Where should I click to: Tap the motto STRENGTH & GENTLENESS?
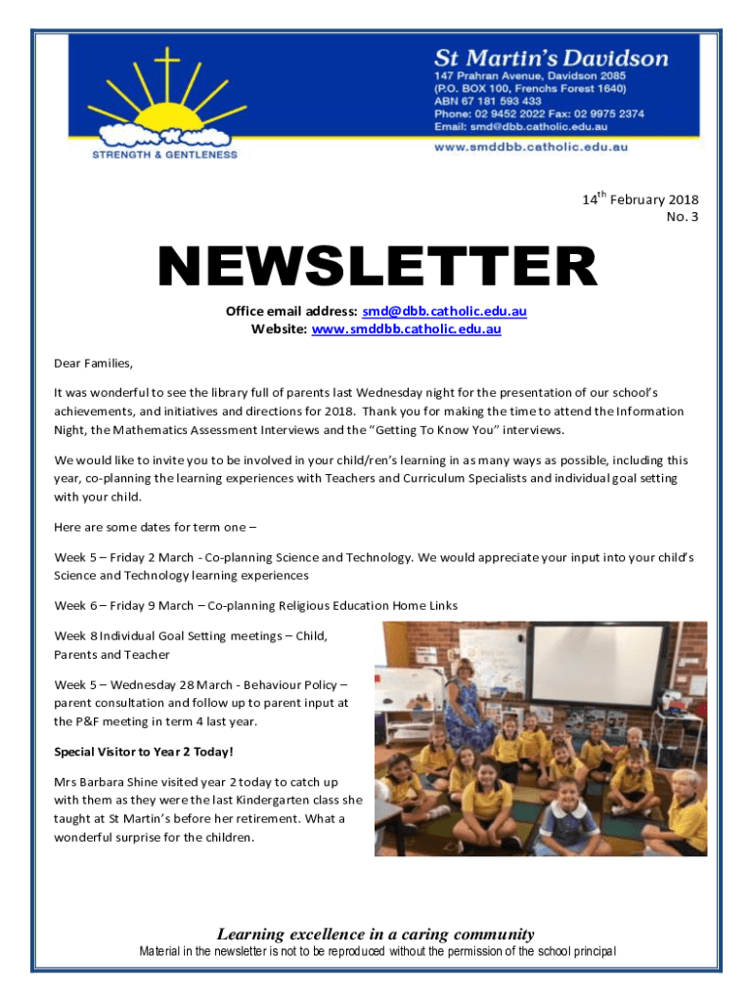click(164, 153)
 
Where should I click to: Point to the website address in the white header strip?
click(530, 147)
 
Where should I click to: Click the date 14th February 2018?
click(641, 199)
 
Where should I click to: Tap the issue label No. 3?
click(682, 217)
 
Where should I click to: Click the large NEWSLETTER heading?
click(377, 266)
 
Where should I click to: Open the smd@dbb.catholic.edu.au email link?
click(444, 312)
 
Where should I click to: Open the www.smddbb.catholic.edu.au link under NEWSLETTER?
click(406, 329)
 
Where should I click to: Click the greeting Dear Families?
click(93, 364)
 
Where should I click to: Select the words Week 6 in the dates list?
click(74, 605)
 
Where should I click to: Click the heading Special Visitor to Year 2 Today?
click(144, 752)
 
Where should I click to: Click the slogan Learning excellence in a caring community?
click(376, 934)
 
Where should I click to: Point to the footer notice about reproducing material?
click(377, 952)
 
